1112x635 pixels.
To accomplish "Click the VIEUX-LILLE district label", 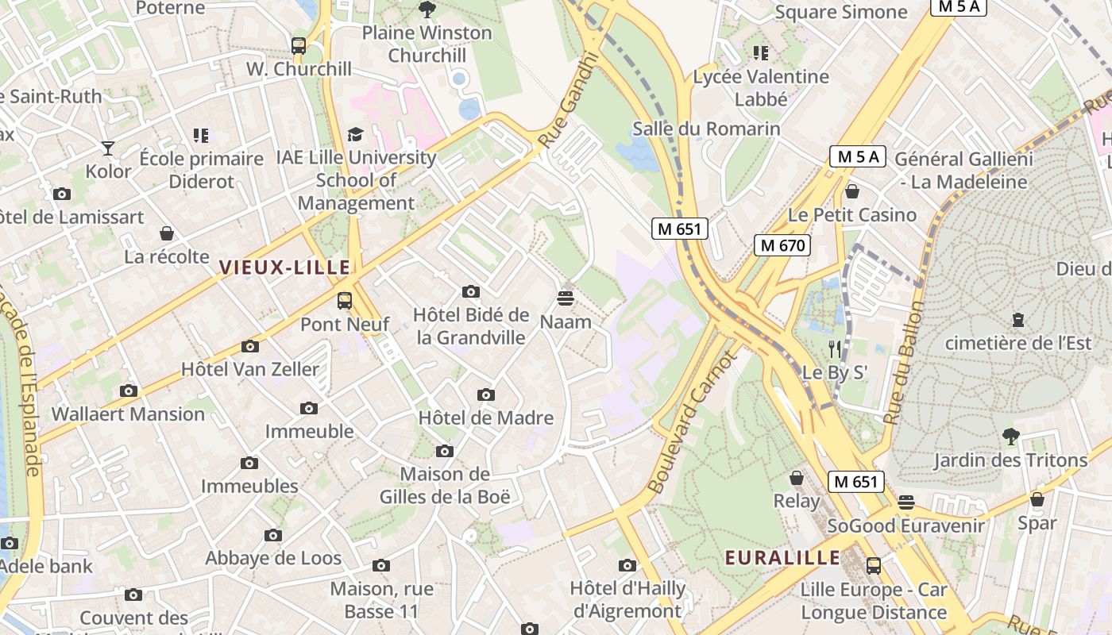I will (284, 267).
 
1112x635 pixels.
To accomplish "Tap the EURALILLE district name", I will (782, 558).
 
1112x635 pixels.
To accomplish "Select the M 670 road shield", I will (782, 245).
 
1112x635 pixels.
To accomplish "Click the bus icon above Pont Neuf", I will (344, 301).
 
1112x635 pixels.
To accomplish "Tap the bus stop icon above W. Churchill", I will (299, 46).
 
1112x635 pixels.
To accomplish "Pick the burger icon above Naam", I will (566, 298).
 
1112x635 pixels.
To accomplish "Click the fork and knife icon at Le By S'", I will (834, 348).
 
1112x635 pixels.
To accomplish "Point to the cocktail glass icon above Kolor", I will (108, 148).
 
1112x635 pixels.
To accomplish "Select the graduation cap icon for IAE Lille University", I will (355, 135).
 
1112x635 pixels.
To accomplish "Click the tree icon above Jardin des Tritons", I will (1010, 436).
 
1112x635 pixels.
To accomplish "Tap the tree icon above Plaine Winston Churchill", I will (427, 10).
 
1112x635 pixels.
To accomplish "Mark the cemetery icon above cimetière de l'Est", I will (1017, 320).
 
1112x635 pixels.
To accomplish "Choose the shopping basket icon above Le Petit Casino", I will (852, 191).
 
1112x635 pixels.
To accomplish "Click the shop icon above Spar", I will (1037, 499).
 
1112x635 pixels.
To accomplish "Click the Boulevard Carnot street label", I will (693, 424).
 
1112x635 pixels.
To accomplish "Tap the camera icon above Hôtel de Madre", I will (485, 394).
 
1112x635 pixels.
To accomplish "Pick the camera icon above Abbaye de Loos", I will (273, 535).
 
